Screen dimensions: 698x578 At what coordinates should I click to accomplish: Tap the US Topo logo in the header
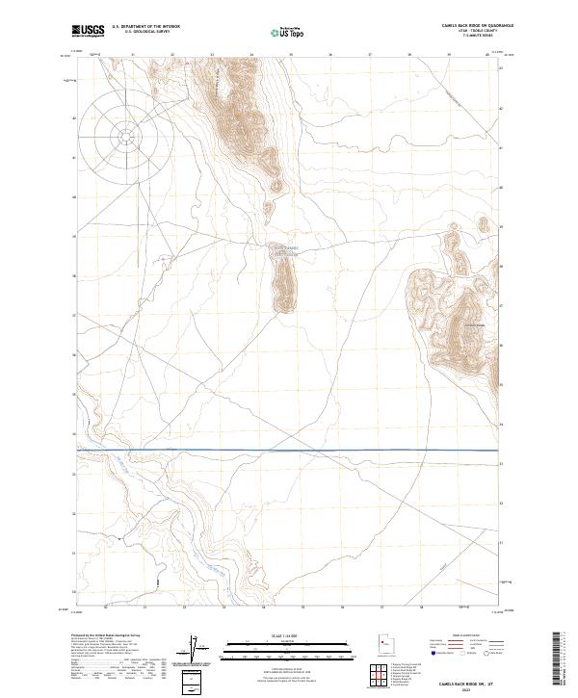277,30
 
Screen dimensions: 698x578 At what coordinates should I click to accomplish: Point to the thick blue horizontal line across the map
289,450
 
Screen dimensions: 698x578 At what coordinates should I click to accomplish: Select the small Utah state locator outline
384,642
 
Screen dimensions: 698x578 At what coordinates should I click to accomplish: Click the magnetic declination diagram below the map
199,650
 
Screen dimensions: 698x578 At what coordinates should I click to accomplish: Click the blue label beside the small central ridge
282,250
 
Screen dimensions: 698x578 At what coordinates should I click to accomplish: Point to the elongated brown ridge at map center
283,285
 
